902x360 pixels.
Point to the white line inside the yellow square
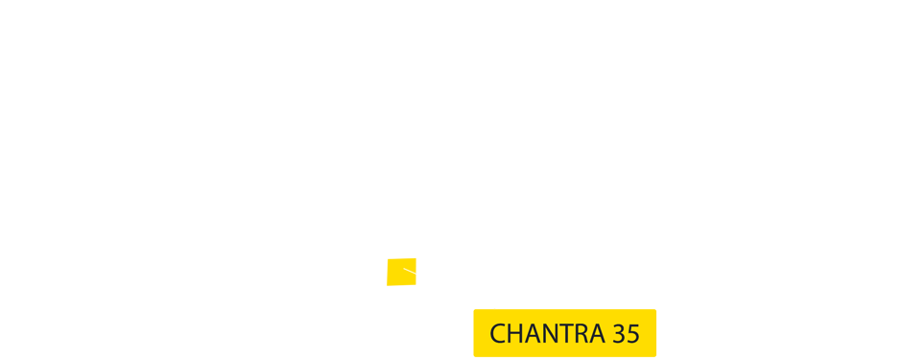[410, 273]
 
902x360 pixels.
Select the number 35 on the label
[626, 333]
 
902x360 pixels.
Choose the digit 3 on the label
[619, 333]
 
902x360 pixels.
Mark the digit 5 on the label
[633, 333]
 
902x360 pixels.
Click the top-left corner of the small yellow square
[387, 258]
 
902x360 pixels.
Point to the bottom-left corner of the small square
[387, 285]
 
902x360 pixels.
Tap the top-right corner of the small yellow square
[415, 258]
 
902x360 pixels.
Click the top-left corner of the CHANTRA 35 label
[475, 310]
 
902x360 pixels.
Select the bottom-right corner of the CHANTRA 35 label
[655, 355]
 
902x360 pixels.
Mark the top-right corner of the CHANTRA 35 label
[655, 310]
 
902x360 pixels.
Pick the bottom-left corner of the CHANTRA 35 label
[475, 355]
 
